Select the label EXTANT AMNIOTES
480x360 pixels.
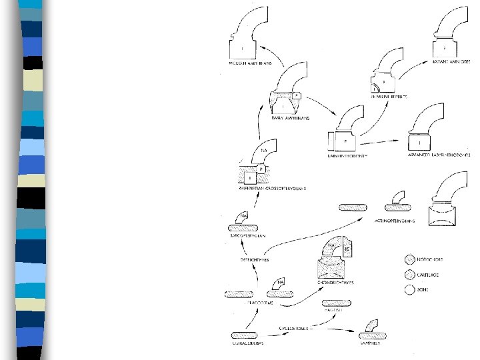point(451,61)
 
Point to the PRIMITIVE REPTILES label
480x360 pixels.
point(388,97)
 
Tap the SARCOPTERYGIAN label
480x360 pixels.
point(245,235)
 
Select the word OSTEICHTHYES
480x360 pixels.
point(245,260)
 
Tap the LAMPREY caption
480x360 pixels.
point(373,344)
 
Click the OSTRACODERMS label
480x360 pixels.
point(245,344)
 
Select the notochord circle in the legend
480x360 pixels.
point(409,259)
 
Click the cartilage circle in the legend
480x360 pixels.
point(409,275)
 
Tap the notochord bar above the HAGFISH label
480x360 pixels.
point(337,303)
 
